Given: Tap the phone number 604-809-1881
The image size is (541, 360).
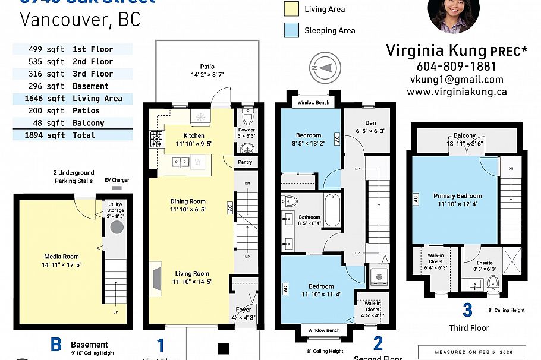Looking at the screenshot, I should point(456,67).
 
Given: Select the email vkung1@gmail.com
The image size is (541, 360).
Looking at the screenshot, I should point(456,80).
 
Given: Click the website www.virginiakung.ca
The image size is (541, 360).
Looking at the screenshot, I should point(456,92).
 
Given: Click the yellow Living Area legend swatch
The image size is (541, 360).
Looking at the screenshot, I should point(291,9).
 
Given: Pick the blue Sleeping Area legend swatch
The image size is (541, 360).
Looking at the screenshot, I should point(291,30).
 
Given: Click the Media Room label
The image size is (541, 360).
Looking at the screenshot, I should point(61,257).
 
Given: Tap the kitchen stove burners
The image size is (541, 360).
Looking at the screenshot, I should point(157,139).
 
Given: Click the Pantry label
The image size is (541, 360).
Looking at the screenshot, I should point(244,162).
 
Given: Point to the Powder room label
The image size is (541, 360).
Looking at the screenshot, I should point(246,130).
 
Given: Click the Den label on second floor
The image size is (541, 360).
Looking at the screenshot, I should point(369,123).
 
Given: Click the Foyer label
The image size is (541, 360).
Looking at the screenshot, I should point(243,310).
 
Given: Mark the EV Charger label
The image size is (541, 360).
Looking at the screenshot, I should point(117,180).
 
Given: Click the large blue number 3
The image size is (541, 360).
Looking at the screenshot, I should point(467,310).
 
